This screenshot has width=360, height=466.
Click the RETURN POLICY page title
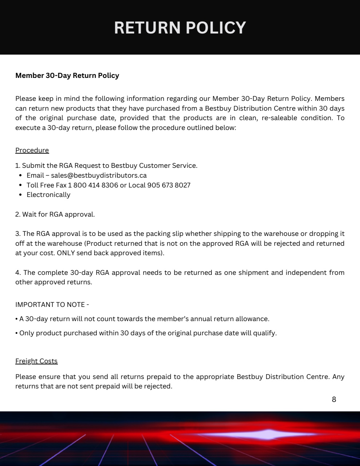pyautogui.click(x=180, y=28)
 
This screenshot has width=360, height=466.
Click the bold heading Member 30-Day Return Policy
pyautogui.click(x=67, y=75)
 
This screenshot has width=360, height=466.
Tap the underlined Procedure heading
pyautogui.click(x=32, y=150)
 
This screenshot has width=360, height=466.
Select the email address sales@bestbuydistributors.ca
pyautogui.click(x=99, y=175)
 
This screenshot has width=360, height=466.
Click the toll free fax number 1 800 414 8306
pyautogui.click(x=93, y=185)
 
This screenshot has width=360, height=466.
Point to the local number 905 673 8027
pyautogui.click(x=169, y=185)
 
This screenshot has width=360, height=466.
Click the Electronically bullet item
pyautogui.click(x=48, y=194)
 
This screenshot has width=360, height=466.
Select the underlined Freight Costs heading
pyautogui.click(x=36, y=361)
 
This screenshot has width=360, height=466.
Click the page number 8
pyautogui.click(x=334, y=399)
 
